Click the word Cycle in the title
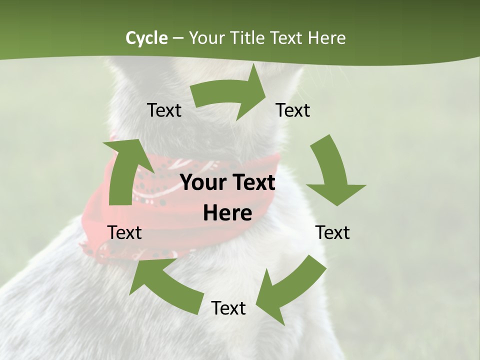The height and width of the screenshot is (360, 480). pos(146,38)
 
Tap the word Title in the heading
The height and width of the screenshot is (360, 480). pos(248,38)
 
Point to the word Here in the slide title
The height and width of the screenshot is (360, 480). pos(326,38)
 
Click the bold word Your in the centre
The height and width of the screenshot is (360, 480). pos(202,183)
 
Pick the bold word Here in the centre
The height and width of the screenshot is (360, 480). pos(227,213)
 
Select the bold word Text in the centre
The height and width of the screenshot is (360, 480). pos(251,183)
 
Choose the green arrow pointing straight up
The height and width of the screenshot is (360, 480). pos(122,170)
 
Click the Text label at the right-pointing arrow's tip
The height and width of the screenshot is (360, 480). pos(293,110)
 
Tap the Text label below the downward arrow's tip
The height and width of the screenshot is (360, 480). pos(332,233)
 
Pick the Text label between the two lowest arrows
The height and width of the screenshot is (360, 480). pos(228,308)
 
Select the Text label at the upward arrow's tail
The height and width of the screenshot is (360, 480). pos(124,233)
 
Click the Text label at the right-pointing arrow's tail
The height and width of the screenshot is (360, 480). pos(164,110)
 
